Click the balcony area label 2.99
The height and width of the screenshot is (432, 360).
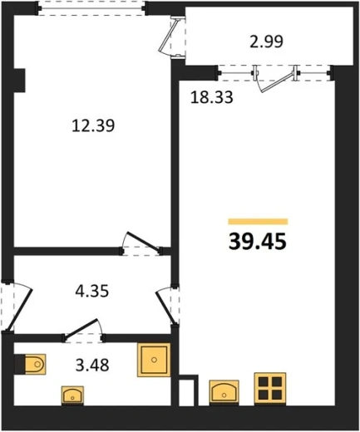[266, 42]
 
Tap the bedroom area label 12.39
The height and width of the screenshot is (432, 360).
[93, 125]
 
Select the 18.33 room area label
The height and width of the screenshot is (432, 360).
[212, 97]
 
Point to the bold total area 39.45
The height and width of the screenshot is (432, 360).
[258, 242]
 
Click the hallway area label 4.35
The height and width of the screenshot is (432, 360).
[92, 292]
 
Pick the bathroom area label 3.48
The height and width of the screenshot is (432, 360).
[92, 365]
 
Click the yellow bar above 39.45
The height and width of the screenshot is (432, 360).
[258, 221]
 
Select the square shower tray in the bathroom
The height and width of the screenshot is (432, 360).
[154, 360]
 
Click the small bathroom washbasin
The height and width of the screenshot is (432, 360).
[72, 395]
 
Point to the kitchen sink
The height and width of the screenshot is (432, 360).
[224, 391]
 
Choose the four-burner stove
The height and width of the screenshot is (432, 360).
[270, 388]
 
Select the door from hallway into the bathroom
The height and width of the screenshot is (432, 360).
[83, 331]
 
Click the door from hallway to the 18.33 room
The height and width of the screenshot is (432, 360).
[165, 306]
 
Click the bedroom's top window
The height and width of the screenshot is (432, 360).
[91, 8]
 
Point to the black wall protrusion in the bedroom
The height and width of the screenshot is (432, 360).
[20, 81]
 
